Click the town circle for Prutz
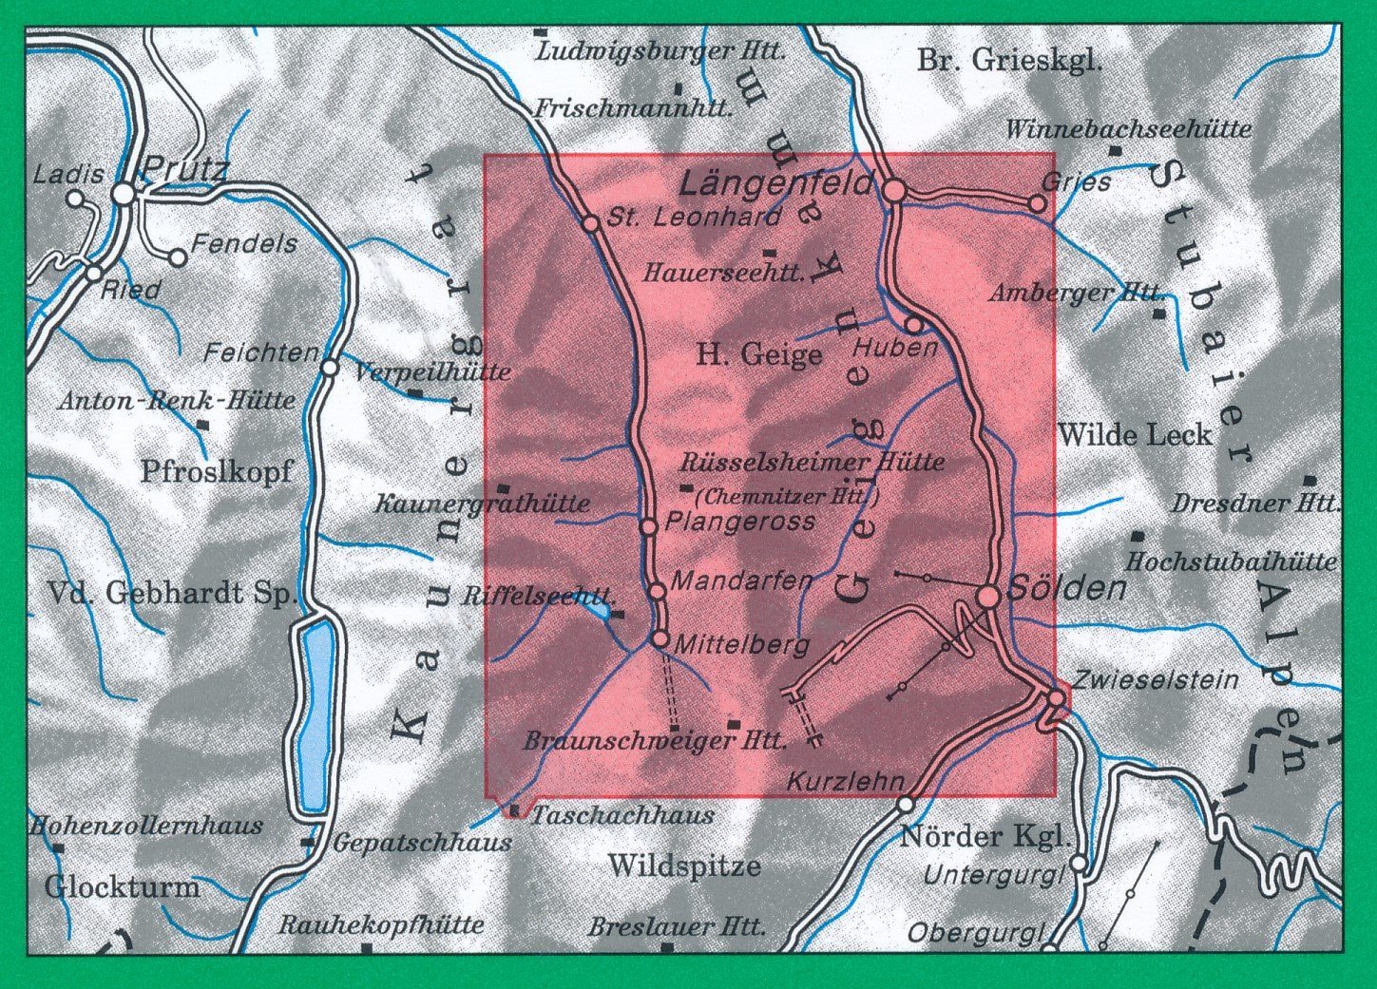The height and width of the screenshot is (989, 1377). pos(124,194)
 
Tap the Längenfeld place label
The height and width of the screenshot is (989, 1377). pos(776,182)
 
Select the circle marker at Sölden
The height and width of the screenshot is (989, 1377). pos(988,597)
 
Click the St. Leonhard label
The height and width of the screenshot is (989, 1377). pos(694,217)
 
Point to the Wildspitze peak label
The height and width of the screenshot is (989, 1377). pos(684,866)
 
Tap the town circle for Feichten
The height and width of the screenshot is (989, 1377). pos(330,367)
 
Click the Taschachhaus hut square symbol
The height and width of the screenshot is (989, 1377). pos(515,810)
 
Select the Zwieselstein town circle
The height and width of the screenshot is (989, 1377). pos(1056,698)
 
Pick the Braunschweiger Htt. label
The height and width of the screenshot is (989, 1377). pos(655,741)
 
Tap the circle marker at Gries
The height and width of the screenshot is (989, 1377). pos(1038,203)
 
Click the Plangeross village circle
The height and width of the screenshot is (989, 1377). pos(648,526)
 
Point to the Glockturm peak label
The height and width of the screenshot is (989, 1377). pos(123,887)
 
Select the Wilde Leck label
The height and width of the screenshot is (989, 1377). pos(1135,435)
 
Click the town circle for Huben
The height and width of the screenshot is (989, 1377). pos(913,324)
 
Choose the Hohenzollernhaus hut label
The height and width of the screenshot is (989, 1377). pos(146,825)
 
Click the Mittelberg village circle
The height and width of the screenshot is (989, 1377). pos(660,639)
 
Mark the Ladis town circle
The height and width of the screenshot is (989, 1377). pos(75,199)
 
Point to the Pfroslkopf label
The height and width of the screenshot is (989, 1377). pos(217,471)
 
